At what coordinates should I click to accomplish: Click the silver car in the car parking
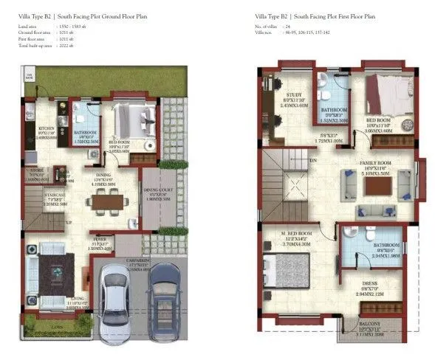tap(117, 300)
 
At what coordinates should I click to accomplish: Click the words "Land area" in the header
tap(27, 26)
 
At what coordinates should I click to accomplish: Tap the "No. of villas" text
tap(266, 26)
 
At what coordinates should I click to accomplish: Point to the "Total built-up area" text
tap(35, 45)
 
